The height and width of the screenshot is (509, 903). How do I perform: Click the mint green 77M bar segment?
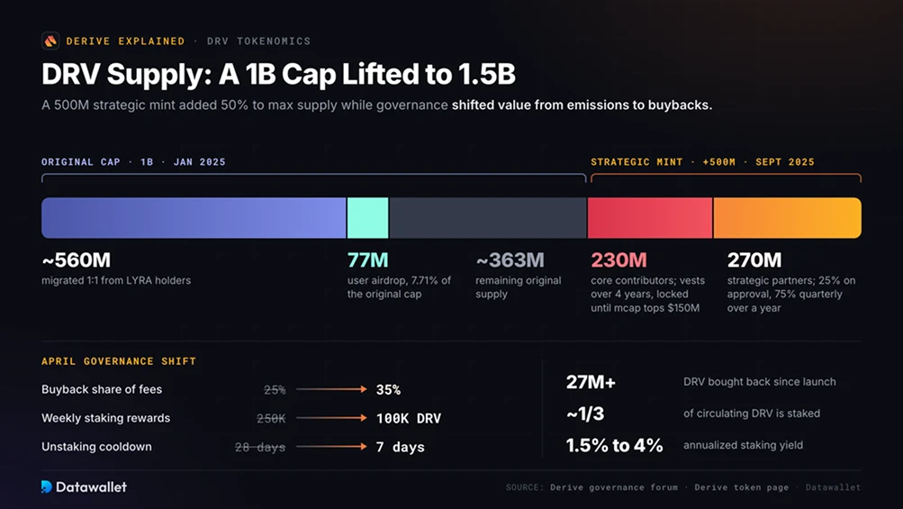pos(367,218)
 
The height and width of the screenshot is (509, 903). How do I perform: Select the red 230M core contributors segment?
pos(650,218)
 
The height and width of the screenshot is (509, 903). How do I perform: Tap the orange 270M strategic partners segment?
pos(787,218)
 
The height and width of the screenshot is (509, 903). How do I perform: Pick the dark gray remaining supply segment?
pos(488,218)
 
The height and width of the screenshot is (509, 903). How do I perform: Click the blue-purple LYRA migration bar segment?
pos(194,218)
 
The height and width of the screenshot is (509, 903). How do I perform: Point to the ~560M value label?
pos(76,260)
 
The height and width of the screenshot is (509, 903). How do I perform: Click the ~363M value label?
pos(510,260)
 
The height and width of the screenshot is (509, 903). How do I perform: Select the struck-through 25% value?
pos(275,390)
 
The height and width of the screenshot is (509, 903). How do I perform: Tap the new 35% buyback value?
pos(388,390)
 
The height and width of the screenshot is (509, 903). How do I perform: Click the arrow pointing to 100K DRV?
pos(331,418)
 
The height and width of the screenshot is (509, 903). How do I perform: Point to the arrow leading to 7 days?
pos(331,447)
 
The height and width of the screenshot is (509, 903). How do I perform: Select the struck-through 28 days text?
pos(259,447)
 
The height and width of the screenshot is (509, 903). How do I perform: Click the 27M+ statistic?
pos(591,382)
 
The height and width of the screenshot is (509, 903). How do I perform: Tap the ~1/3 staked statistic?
pos(585,414)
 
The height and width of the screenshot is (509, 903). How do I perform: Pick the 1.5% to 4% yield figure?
pos(615,445)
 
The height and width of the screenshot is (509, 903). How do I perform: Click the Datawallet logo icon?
pos(47,487)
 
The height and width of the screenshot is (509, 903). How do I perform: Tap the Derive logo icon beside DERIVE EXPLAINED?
pos(50,41)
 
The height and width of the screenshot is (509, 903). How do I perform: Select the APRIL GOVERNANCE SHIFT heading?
pos(119,361)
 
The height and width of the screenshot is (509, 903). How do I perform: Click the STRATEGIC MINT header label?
pos(637,162)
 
